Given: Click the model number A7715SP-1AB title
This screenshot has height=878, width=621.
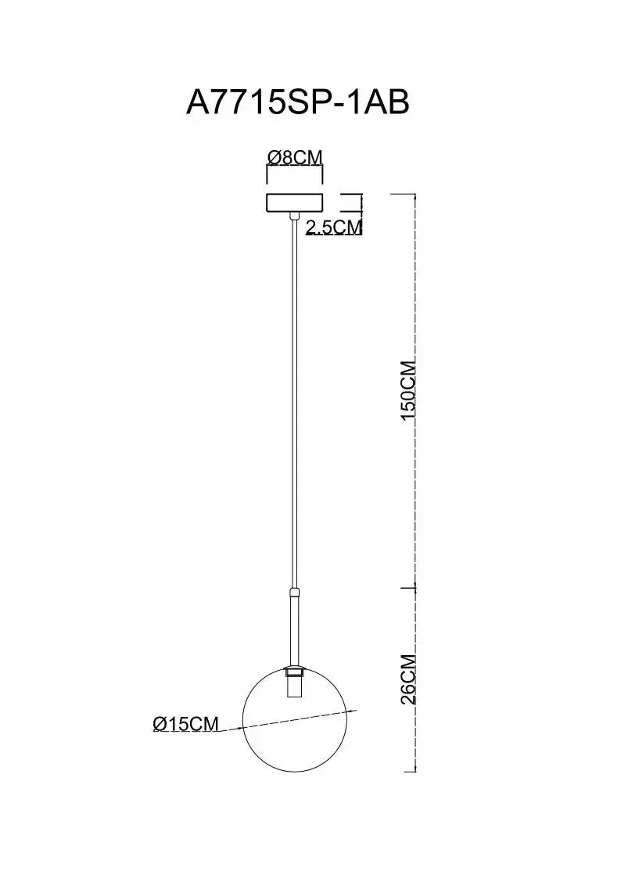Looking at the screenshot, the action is (297, 102).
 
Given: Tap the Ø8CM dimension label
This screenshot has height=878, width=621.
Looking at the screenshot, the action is (295, 158).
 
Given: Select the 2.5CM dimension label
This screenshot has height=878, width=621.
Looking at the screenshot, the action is (334, 227).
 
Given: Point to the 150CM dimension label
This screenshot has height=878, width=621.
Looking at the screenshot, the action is (407, 390).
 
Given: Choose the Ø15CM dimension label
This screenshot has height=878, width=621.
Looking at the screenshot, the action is (185, 724).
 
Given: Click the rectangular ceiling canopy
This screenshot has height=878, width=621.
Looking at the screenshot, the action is (295, 203).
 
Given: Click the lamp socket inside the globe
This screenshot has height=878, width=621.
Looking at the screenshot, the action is (294, 683).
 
